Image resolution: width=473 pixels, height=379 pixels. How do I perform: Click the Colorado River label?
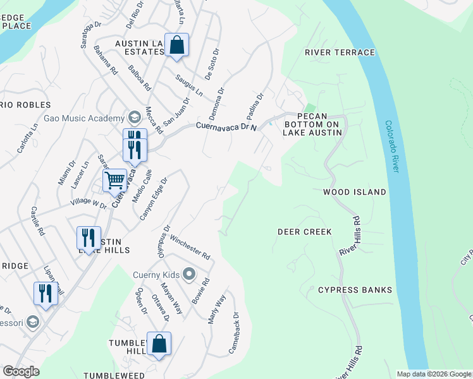pos(396,147)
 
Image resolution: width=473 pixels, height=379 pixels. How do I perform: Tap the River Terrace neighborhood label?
pos(340,52)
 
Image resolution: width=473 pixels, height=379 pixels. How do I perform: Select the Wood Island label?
pos(354,191)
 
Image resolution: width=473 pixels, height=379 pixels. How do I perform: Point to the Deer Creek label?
pos(304,232)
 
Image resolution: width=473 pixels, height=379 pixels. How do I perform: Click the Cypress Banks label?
pos(355,290)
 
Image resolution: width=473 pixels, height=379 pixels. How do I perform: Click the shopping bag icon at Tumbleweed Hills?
pos(159,344)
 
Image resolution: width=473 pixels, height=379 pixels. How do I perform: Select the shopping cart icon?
pos(114,180)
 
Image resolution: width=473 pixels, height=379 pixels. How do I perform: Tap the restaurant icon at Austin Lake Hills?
pos(89,238)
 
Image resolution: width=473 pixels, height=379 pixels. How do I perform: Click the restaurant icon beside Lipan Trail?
pos(45,294)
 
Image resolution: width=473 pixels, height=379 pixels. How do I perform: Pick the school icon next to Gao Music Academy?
pos(134,117)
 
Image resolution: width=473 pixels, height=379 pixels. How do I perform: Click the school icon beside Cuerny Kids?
pos(188,274)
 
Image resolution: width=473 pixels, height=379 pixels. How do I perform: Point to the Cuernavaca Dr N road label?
pos(227,126)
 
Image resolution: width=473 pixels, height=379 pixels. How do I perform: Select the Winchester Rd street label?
pos(190,247)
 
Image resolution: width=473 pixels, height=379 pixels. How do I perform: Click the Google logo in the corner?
pos(21,371)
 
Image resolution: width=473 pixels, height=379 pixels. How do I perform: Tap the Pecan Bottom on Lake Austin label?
pos(311,124)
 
